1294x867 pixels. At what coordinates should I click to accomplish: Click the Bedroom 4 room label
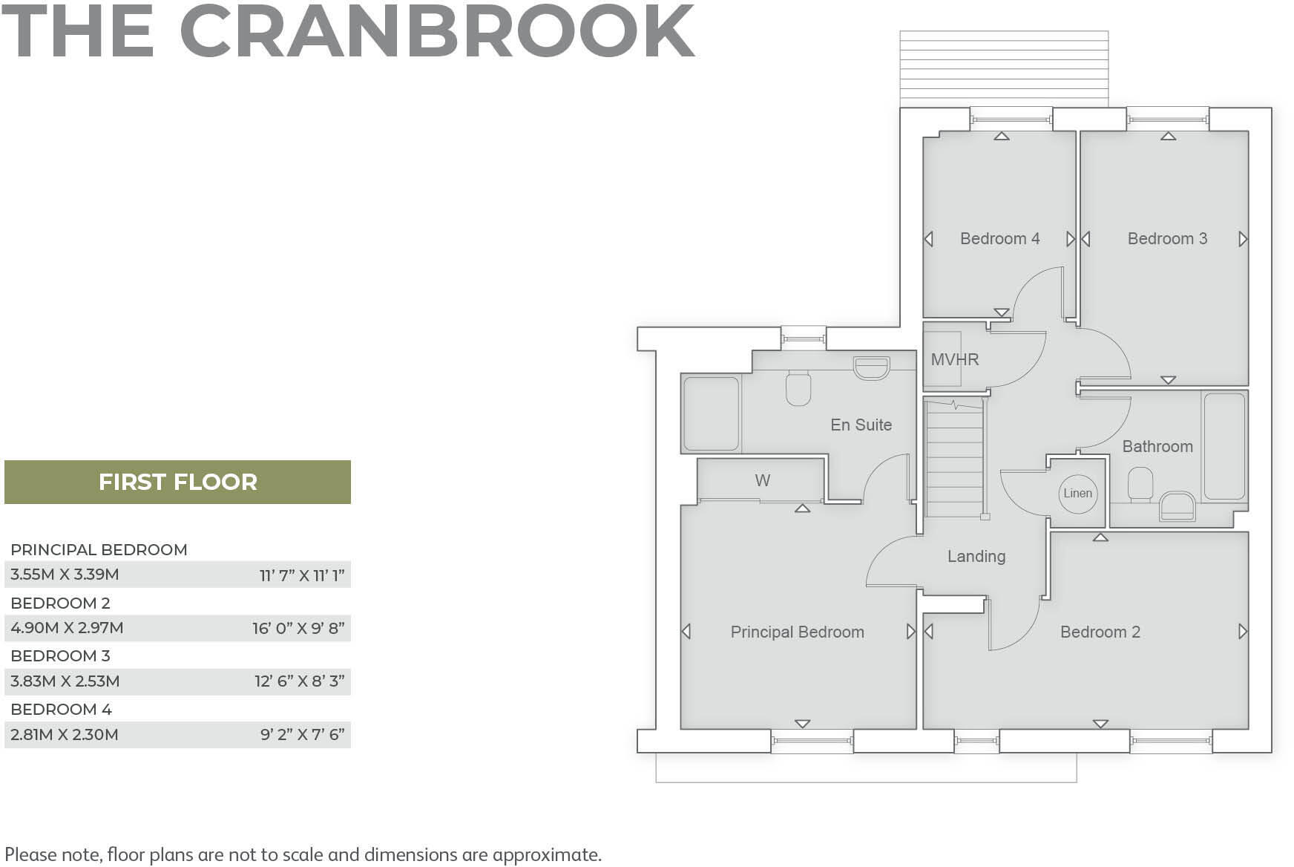click(999, 239)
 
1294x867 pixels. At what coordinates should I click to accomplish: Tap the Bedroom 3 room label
click(1167, 239)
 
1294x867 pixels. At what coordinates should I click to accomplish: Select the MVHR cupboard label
click(955, 360)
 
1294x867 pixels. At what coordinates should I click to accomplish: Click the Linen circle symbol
click(1077, 494)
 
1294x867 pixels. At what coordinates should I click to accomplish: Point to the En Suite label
click(861, 425)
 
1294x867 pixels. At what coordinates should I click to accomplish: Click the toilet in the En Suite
click(798, 388)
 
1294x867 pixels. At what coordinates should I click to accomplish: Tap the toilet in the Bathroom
click(1140, 484)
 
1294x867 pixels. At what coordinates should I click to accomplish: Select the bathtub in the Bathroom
click(1224, 446)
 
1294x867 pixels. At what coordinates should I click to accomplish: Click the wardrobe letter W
click(762, 481)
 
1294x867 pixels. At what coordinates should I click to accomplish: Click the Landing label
click(976, 557)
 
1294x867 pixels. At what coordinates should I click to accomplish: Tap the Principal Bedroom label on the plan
click(797, 632)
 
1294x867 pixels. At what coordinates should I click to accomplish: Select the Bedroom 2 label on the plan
click(1100, 632)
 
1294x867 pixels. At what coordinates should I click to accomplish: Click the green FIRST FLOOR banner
click(177, 482)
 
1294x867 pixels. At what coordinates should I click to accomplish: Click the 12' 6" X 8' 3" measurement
click(300, 681)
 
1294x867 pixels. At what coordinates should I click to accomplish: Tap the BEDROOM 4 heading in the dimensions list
click(61, 710)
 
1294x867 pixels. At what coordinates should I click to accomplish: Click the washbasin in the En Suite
click(871, 368)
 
